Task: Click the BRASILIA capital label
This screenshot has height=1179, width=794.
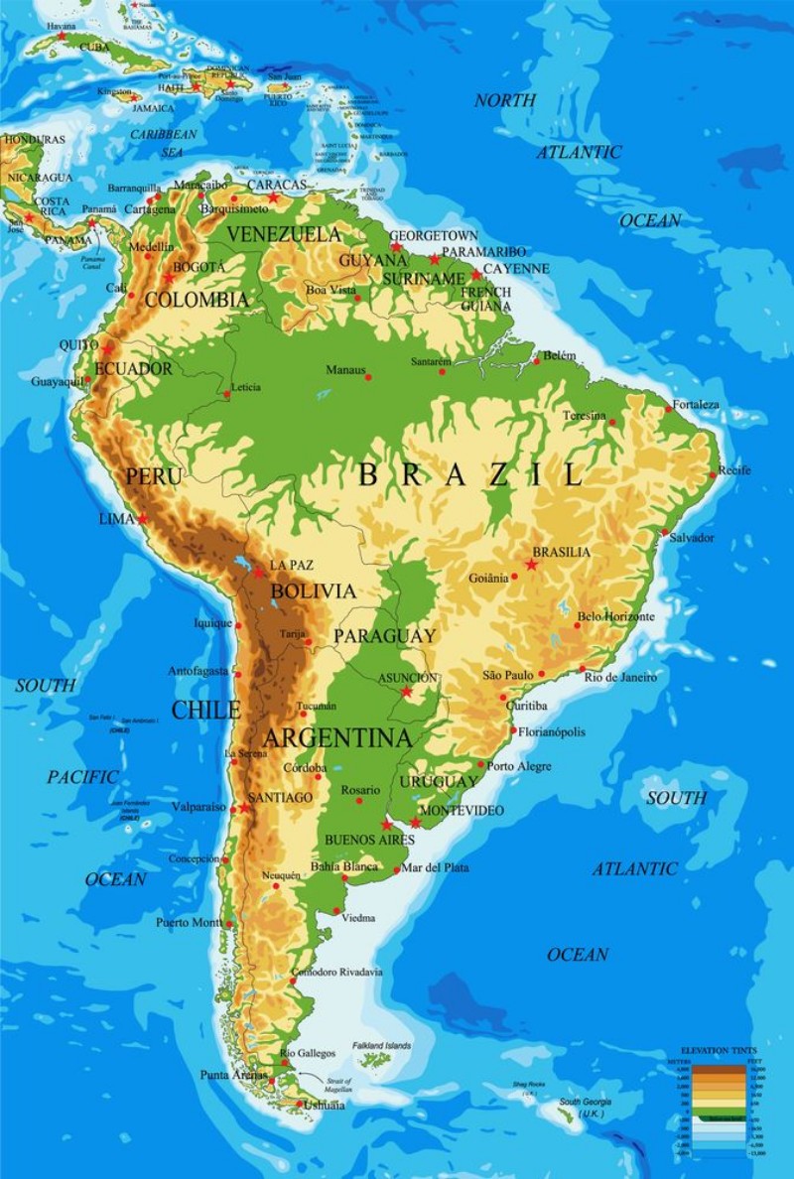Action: coord(561,552)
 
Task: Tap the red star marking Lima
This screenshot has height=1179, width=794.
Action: coord(143,518)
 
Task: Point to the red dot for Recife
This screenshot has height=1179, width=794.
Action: coord(713,475)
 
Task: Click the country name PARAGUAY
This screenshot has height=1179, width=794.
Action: coord(384,636)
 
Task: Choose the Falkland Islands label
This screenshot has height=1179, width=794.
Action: coord(380,1046)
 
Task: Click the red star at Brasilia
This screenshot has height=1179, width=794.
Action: coord(531,564)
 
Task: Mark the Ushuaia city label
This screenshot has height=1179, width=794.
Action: coord(325,1105)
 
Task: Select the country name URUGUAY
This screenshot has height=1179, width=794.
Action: coord(439,782)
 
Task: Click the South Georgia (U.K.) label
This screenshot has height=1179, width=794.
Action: coord(585,1108)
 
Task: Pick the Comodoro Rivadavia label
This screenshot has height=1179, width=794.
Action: coord(336,973)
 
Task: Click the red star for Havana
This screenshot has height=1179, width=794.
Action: coord(62,36)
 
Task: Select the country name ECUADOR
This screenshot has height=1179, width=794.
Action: coord(133,368)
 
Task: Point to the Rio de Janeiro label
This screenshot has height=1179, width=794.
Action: coord(620,677)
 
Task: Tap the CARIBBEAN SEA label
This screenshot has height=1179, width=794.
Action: coord(164,142)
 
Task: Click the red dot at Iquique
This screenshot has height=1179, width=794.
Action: coord(238,625)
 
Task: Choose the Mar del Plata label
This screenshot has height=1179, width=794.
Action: coord(436,867)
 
